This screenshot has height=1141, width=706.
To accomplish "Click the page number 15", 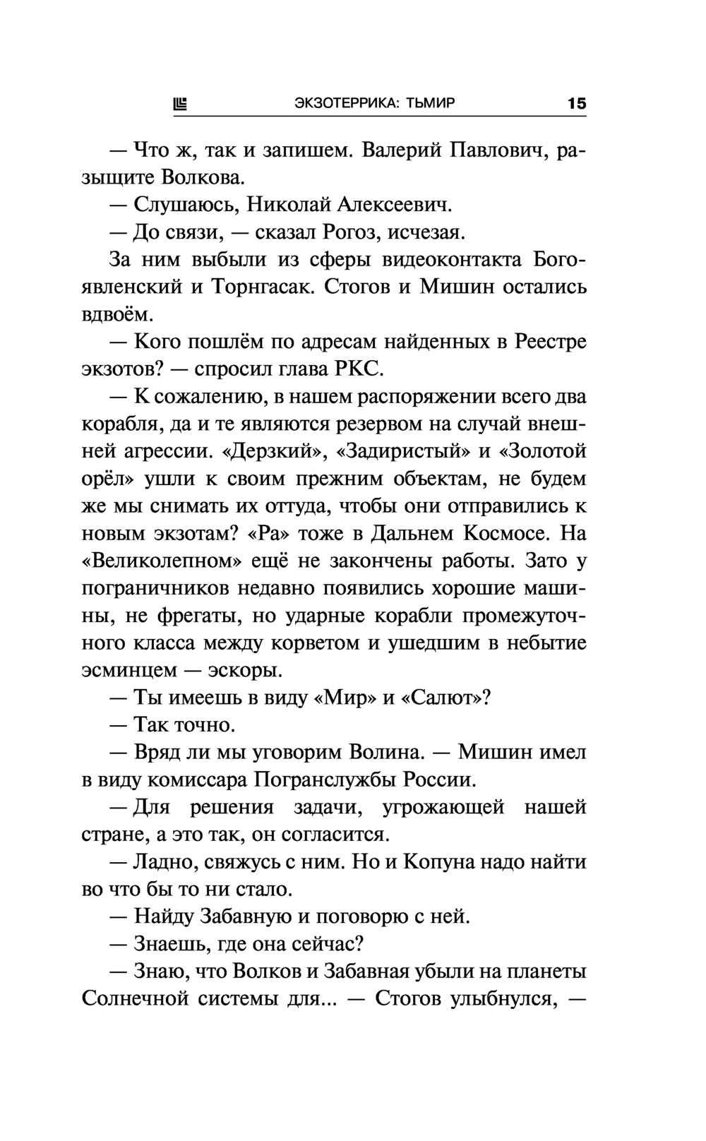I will click(x=576, y=104).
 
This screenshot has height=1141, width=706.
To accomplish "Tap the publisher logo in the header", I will click(x=180, y=104).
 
